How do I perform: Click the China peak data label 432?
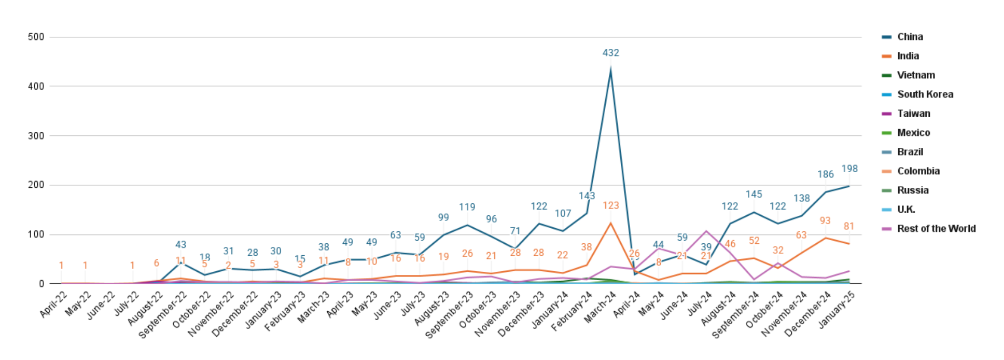(x=610, y=53)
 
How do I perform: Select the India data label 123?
(x=610, y=206)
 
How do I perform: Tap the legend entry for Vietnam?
(x=916, y=75)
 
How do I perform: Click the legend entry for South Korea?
(x=925, y=94)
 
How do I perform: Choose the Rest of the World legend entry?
(x=936, y=229)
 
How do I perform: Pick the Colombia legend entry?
(x=918, y=171)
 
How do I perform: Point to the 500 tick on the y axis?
(x=36, y=37)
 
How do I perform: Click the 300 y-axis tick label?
(x=36, y=136)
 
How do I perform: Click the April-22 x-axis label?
(x=53, y=305)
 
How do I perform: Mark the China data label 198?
(x=849, y=169)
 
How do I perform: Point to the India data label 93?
(x=825, y=221)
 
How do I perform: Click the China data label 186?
(x=825, y=175)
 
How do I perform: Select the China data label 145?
(x=754, y=195)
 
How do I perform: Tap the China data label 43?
(x=180, y=245)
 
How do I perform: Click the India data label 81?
(x=849, y=227)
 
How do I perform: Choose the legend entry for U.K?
(x=906, y=210)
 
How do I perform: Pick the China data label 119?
(x=467, y=207)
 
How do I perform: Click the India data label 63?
(x=801, y=236)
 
